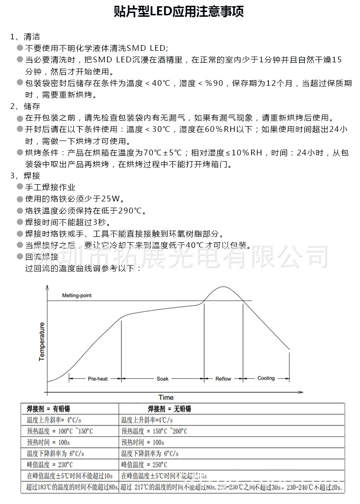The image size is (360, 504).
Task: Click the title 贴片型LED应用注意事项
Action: [179, 12]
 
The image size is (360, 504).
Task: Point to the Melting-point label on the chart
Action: [77, 295]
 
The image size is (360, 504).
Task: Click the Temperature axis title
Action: [42, 341]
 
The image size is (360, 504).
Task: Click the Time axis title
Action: [166, 397]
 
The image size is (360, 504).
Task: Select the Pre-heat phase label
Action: [97, 379]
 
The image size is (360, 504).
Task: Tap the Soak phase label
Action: [163, 379]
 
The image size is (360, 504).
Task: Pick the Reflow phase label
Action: [223, 379]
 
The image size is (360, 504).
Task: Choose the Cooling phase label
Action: [266, 378]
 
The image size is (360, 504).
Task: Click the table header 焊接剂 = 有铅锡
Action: [48, 409]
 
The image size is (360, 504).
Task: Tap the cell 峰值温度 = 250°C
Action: [144, 465]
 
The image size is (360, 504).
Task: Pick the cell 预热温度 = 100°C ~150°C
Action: [60, 431]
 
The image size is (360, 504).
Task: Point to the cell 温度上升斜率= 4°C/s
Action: [54, 420]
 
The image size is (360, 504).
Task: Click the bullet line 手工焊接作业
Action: [50, 188]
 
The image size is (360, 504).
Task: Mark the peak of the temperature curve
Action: [223, 287]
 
